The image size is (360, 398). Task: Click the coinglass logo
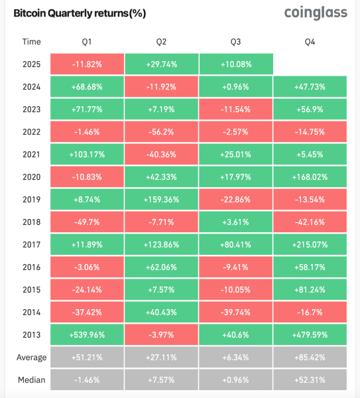(x=315, y=13)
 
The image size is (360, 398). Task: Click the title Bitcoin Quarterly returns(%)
(x=80, y=13)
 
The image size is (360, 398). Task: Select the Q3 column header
(x=235, y=42)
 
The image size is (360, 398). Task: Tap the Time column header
(x=31, y=42)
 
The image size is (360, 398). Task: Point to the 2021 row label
(x=31, y=155)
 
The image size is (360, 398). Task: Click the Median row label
(x=31, y=380)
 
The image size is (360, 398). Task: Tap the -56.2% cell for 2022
(x=161, y=133)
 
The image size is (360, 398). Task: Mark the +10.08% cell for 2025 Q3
(x=235, y=65)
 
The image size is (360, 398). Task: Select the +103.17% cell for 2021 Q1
(x=86, y=155)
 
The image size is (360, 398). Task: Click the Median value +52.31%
(x=310, y=380)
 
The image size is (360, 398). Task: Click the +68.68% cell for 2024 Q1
(x=86, y=88)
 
